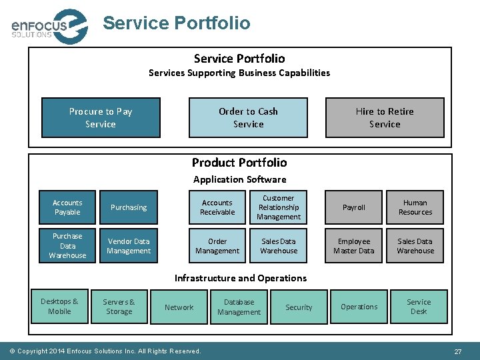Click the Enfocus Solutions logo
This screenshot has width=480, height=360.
coord(49,26)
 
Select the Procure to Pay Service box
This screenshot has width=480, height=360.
coord(101,118)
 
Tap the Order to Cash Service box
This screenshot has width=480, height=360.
coord(248,118)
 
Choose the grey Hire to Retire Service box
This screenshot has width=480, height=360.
coord(385,118)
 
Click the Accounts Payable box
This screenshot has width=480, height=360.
coord(67,207)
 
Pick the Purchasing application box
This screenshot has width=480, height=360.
coord(129,207)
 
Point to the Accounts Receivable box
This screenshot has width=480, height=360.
coord(217,207)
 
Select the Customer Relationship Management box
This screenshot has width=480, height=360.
coord(279,207)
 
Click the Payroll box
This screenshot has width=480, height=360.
coord(354,207)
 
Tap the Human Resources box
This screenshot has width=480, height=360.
coord(415,207)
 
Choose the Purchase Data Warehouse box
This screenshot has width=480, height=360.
coord(67,246)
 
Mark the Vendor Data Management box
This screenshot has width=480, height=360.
coord(129,246)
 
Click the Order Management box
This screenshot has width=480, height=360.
coord(217,246)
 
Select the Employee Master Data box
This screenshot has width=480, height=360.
coord(354,246)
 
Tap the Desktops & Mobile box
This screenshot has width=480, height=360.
coord(59,307)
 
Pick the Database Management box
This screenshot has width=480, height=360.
coord(239,307)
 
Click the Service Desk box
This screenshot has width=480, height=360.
coord(419,307)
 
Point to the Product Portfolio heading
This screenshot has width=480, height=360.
coord(239,163)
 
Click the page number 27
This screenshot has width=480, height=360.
coord(458,351)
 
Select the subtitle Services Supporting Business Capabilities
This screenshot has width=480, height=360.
coord(239,73)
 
